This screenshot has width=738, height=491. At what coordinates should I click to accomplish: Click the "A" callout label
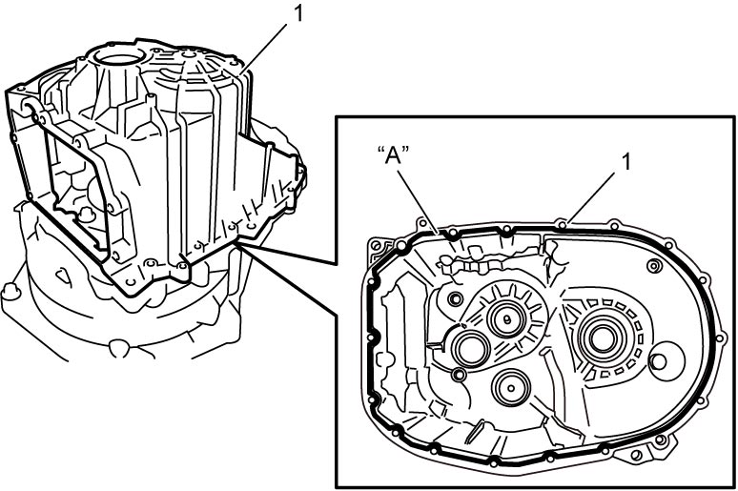[394, 155]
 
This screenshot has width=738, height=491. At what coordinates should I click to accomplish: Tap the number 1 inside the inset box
[625, 162]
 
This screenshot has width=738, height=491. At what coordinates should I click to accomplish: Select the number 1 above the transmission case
[297, 13]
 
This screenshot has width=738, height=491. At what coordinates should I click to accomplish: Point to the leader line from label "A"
[420, 201]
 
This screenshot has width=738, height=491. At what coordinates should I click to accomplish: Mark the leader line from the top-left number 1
[264, 48]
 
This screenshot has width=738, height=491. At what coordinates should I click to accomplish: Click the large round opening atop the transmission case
[119, 57]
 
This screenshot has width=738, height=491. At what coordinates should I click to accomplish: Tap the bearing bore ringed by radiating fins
[506, 319]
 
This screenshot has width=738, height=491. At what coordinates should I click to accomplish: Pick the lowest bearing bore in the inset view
[511, 387]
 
